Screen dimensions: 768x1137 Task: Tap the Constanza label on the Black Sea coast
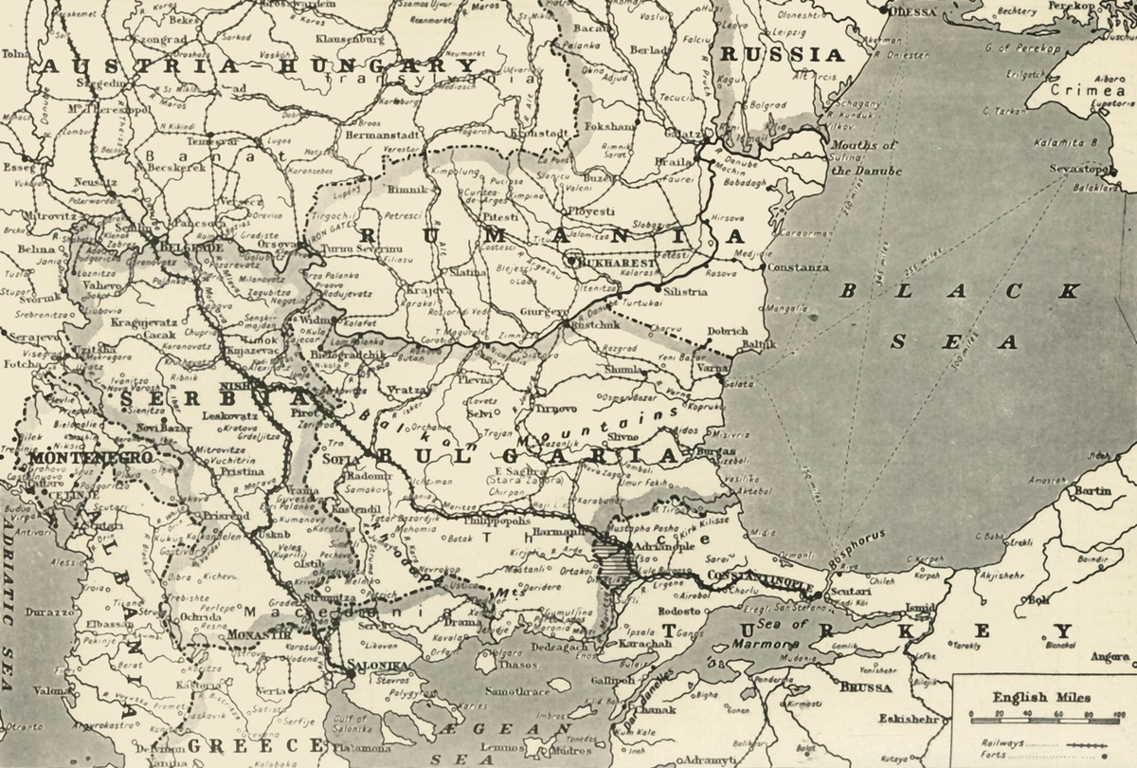coord(798,268)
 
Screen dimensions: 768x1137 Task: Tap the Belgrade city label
coord(195,247)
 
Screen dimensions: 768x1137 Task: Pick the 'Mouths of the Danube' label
coord(864,158)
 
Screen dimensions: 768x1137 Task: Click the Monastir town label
coord(258,632)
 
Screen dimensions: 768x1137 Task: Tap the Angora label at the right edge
coord(1110,656)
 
